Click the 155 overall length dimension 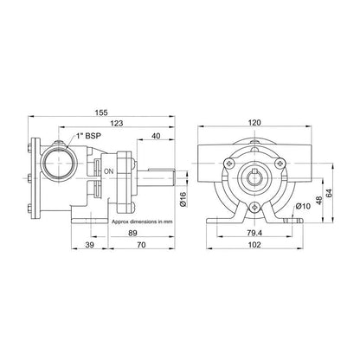click(101, 112)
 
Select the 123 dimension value click(117, 123)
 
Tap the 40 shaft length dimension click(156, 136)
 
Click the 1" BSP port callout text click(88, 136)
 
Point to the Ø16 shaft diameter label click(183, 199)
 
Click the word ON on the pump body click(109, 171)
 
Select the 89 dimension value click(132, 233)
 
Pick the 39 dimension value click(90, 245)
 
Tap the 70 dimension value click(141, 245)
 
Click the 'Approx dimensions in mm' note click(142, 222)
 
